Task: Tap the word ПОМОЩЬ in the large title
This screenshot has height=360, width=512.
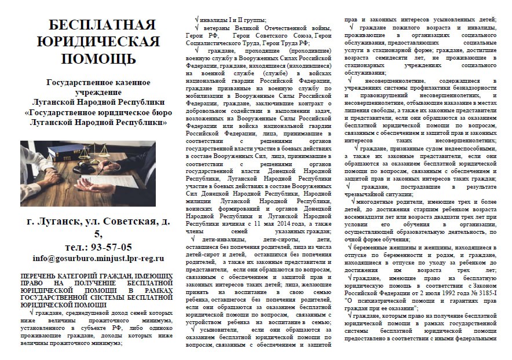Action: click(96, 58)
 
